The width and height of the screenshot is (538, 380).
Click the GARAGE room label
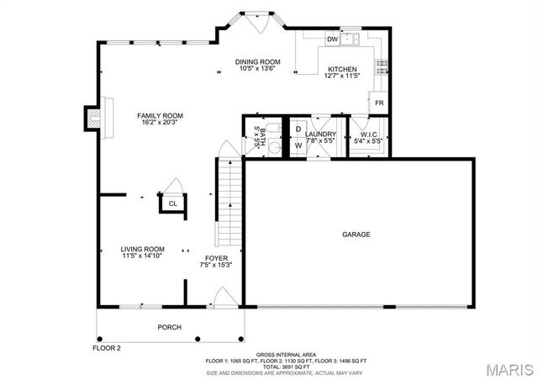click(x=356, y=235)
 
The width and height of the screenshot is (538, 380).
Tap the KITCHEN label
click(x=342, y=69)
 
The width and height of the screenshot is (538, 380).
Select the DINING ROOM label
click(x=257, y=61)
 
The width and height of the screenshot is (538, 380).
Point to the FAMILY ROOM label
click(x=160, y=115)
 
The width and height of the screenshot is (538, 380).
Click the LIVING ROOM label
click(x=141, y=249)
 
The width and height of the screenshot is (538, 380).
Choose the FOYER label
click(x=217, y=258)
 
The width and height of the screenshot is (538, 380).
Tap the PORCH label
click(x=170, y=327)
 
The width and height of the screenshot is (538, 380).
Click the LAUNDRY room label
click(x=320, y=135)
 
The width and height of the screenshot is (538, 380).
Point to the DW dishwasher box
click(x=332, y=40)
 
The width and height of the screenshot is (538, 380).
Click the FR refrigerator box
click(x=379, y=103)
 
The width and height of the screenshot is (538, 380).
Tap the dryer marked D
click(x=298, y=129)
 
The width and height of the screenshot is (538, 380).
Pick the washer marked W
click(x=298, y=145)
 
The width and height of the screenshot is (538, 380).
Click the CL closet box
click(x=172, y=203)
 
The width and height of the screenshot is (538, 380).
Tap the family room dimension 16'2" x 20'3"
click(x=160, y=124)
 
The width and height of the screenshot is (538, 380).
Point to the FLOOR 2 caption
click(x=107, y=347)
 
